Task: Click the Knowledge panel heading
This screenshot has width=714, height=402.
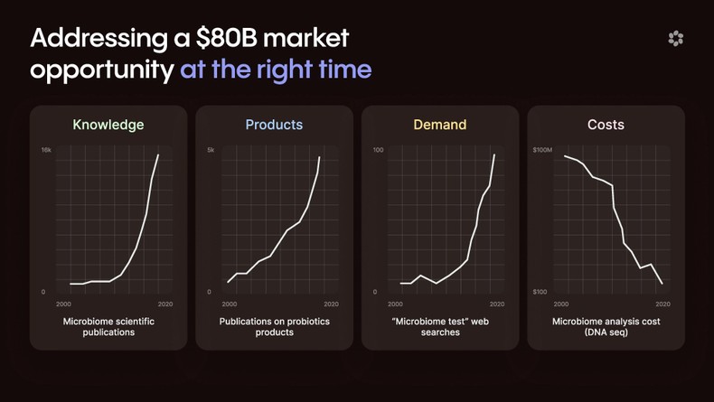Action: click(x=108, y=125)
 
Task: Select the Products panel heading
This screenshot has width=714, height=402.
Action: click(x=274, y=125)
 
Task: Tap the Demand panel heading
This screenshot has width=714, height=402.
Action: click(x=440, y=125)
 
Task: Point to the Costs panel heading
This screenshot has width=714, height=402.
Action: click(x=606, y=125)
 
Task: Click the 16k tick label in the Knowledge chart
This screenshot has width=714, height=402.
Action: click(x=45, y=149)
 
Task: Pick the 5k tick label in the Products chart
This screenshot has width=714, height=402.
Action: click(x=211, y=149)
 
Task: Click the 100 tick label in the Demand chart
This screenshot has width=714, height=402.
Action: click(x=378, y=149)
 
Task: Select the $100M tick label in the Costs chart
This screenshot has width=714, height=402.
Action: click(x=542, y=149)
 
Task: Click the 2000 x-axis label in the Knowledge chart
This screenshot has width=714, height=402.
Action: click(x=64, y=304)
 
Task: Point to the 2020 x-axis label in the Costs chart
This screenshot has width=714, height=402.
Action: click(x=662, y=304)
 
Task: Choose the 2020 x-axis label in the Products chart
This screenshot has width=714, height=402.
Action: click(x=331, y=304)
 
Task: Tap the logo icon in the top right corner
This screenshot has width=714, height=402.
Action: click(x=675, y=38)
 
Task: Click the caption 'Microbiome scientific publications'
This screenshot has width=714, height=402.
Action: click(x=108, y=326)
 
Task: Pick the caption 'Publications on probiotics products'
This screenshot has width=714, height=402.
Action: click(x=274, y=326)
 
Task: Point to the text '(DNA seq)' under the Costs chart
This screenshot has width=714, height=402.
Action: click(x=606, y=332)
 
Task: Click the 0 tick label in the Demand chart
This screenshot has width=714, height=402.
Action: click(x=375, y=292)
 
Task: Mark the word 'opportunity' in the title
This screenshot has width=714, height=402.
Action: click(x=101, y=70)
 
